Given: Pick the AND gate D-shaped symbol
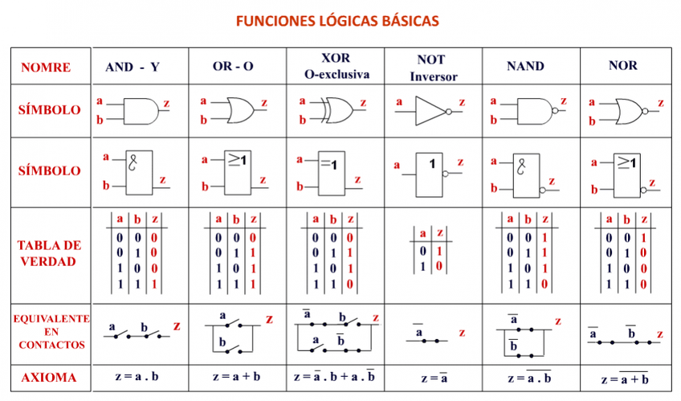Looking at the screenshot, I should pyautogui.click(x=140, y=110).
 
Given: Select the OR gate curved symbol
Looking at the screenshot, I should pyautogui.click(x=238, y=108).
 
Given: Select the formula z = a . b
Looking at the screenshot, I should pyautogui.click(x=138, y=377).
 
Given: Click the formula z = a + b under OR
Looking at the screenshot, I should pyautogui.click(x=236, y=377).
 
